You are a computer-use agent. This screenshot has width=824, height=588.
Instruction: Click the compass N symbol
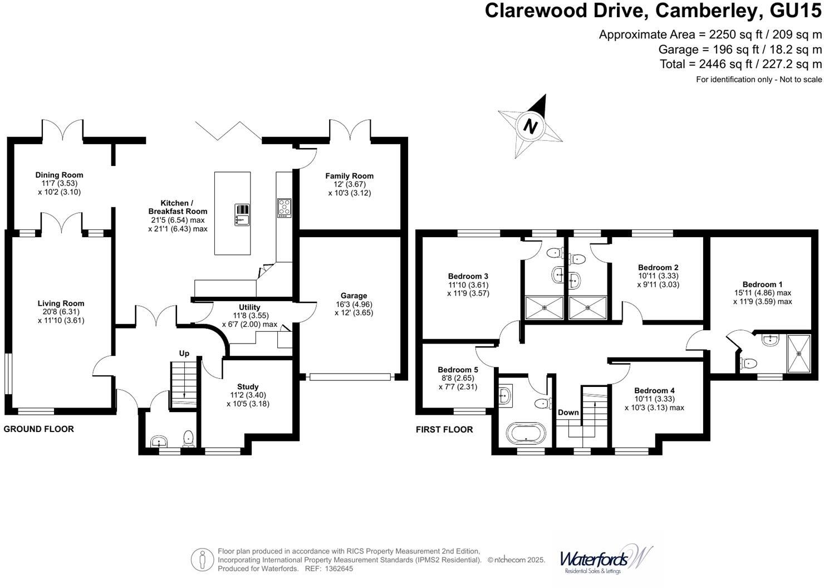tap(531, 125)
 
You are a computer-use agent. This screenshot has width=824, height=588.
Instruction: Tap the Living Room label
tap(61, 303)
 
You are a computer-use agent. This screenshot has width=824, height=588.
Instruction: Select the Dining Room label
tap(59, 175)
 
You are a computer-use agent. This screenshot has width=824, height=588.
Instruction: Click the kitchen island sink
tap(242, 214)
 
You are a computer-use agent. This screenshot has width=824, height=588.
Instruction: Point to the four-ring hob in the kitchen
tap(284, 208)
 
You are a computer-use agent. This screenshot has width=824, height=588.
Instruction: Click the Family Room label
tap(350, 176)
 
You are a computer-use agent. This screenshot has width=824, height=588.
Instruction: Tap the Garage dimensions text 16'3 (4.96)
tap(354, 305)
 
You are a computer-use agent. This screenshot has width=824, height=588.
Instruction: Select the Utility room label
tap(249, 307)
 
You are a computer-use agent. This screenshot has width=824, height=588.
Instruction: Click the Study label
tap(248, 386)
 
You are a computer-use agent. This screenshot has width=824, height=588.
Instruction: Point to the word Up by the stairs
tap(184, 353)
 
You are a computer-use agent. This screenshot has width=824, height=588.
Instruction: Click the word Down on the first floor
tap(568, 413)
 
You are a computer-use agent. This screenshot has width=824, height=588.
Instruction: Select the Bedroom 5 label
tap(458, 370)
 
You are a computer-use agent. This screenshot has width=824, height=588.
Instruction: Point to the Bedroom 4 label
tap(654, 390)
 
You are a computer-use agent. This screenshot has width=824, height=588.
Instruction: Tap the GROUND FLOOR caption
tap(39, 429)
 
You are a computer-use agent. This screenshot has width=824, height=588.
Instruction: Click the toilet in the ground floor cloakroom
tap(188, 437)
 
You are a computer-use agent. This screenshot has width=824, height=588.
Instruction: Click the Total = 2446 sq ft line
tap(740, 64)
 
